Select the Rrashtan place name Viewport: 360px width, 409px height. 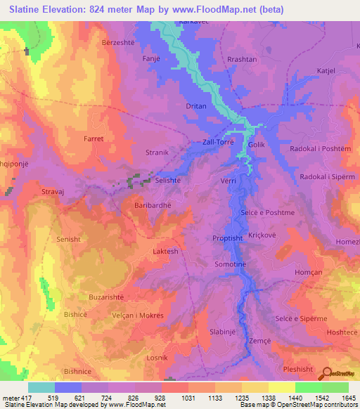click(x=242, y=60)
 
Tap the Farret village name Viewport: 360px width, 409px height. click(x=94, y=139)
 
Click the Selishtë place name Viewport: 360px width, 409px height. click(x=171, y=181)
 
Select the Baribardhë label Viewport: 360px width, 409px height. click(x=153, y=205)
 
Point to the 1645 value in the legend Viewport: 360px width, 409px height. click(x=349, y=398)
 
